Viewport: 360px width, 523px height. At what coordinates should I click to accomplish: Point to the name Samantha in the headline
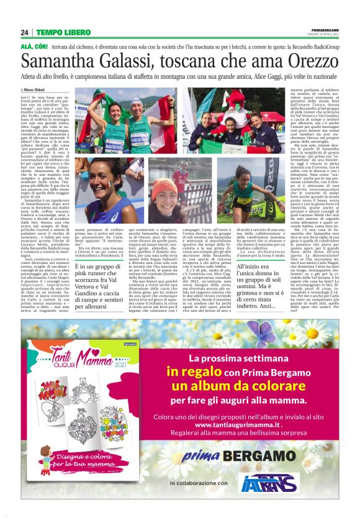point(57,60)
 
